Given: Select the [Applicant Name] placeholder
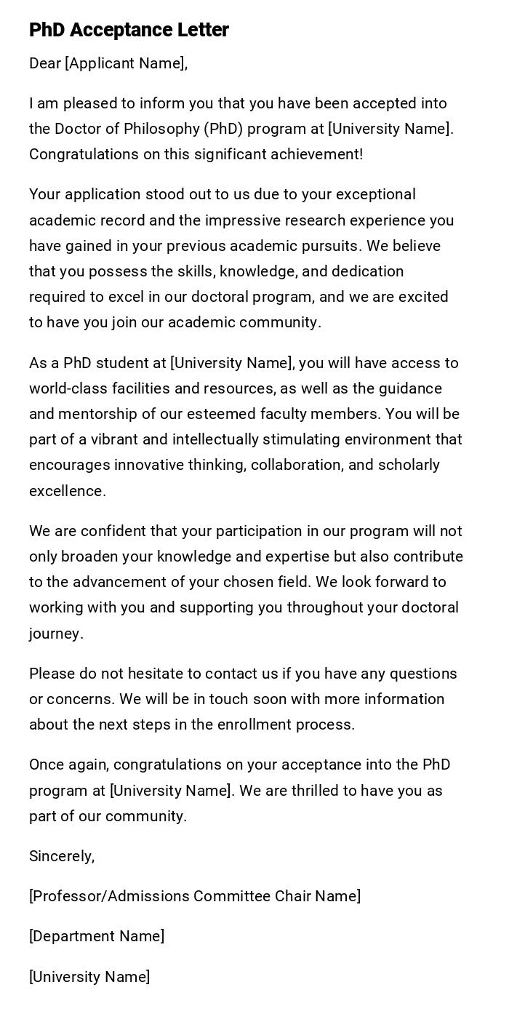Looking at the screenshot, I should coord(125,63).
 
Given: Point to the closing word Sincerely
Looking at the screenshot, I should coord(62,856).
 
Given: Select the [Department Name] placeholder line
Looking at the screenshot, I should coord(97,936).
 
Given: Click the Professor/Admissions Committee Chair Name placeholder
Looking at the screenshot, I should coord(195,896).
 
